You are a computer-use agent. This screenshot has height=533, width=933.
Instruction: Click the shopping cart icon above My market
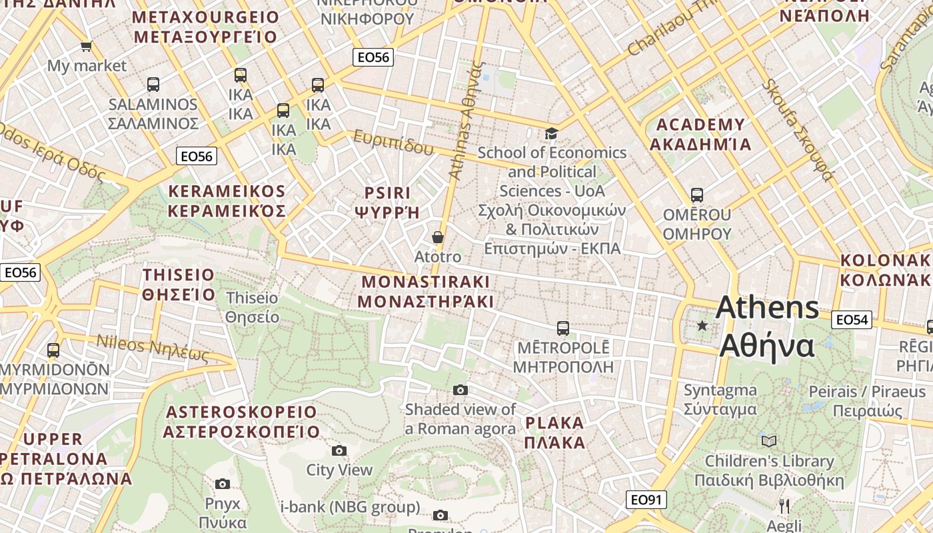click(x=86, y=47)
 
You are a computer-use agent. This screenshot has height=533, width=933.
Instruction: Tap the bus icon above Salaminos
click(x=153, y=85)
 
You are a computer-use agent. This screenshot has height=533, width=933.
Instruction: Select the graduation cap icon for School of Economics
click(x=551, y=134)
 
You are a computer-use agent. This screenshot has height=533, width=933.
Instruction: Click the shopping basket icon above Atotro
click(x=438, y=237)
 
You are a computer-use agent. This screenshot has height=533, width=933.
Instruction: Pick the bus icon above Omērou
click(x=697, y=195)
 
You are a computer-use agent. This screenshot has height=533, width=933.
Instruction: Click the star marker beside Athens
click(x=702, y=326)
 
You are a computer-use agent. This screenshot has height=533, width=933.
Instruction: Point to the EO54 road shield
click(x=852, y=320)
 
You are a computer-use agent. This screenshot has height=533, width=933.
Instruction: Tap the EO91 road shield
click(x=646, y=500)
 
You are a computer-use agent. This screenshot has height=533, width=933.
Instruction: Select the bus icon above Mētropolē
click(x=563, y=328)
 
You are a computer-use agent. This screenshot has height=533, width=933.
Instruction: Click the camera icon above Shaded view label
click(x=461, y=390)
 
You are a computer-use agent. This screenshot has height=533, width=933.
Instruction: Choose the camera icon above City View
click(x=339, y=451)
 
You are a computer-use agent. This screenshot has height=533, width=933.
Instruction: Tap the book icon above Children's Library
click(x=769, y=441)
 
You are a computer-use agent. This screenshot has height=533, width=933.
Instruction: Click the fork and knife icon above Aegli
click(x=784, y=506)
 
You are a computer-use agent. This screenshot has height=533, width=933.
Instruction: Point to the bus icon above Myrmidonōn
click(x=53, y=350)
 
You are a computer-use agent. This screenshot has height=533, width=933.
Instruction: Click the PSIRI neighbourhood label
click(x=387, y=193)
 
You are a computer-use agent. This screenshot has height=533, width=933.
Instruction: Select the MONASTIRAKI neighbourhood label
click(x=425, y=280)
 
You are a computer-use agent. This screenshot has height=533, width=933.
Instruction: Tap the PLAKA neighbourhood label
click(x=554, y=422)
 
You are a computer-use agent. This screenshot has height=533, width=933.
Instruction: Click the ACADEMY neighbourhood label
click(x=700, y=125)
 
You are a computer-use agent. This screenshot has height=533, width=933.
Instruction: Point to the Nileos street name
click(x=121, y=343)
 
